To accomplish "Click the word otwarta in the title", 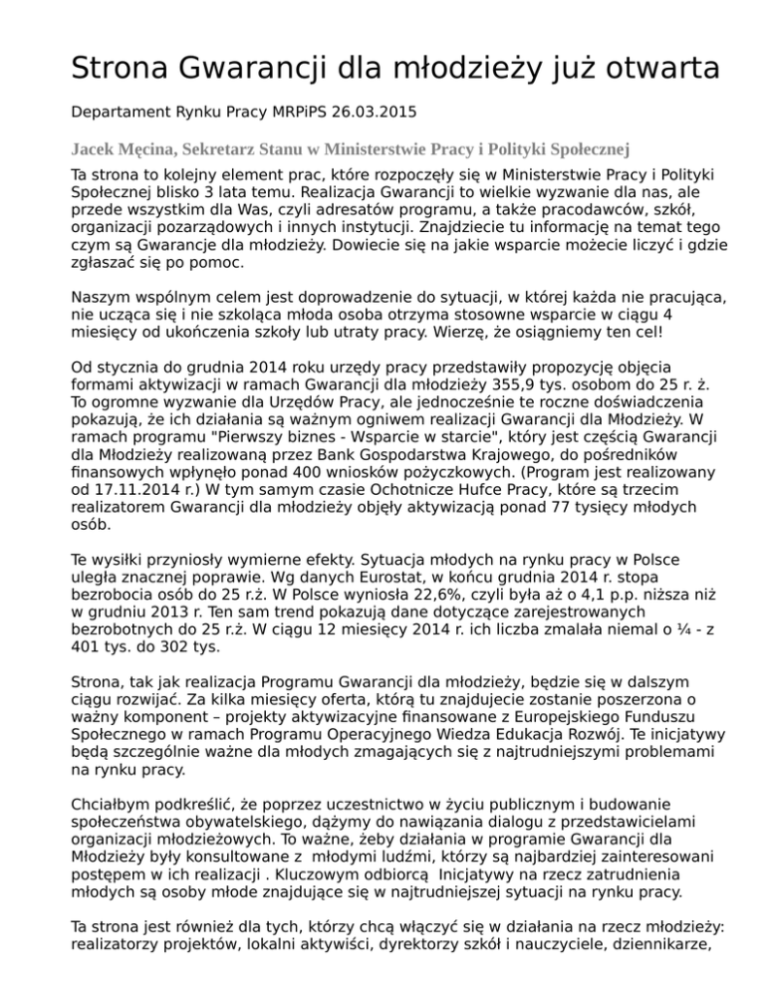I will (x=637, y=69).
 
